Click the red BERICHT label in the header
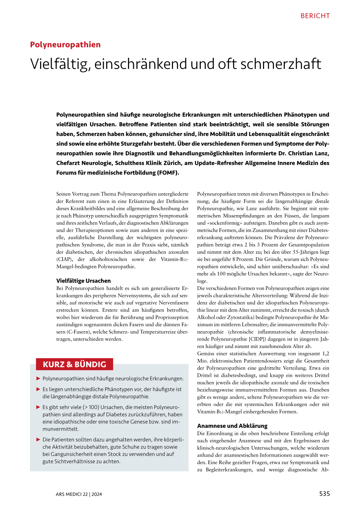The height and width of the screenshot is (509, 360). point(315,16)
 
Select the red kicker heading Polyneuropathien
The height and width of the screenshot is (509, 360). point(65,45)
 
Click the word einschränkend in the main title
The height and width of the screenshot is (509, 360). point(141,64)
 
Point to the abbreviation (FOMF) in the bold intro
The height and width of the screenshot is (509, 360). point(168,173)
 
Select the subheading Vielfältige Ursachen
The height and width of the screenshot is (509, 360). point(83,281)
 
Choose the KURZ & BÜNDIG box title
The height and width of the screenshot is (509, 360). point(75,364)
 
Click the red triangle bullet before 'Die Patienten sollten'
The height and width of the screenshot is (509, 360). point(38,439)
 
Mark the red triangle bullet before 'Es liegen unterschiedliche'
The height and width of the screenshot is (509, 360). point(38,389)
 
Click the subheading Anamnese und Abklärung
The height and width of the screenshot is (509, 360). point(232,426)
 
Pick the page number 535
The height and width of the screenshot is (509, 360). point(324,494)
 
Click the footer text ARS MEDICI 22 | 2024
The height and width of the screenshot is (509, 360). point(79,494)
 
